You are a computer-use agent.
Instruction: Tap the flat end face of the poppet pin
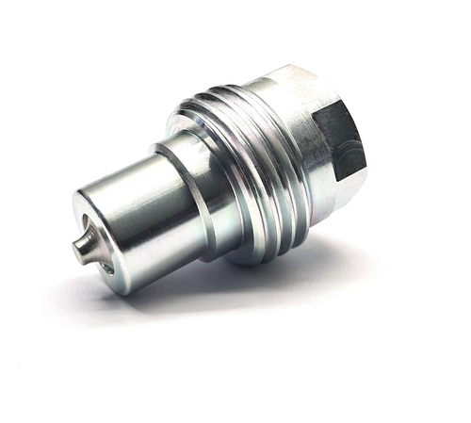pyautogui.click(x=77, y=250)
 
